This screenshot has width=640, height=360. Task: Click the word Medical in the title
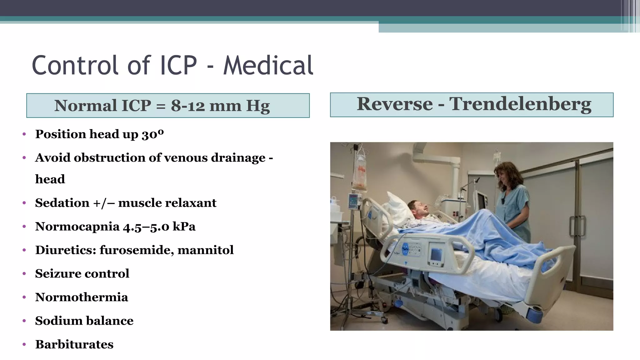click(268, 65)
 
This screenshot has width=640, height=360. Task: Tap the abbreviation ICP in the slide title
click(178, 65)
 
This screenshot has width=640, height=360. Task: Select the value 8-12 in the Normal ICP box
click(187, 106)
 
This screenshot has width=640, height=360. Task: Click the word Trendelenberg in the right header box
click(520, 104)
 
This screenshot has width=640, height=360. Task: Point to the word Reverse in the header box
click(395, 104)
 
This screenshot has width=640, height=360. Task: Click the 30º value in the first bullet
click(152, 134)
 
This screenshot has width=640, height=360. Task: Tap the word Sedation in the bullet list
click(62, 203)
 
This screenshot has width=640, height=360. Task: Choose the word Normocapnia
click(77, 227)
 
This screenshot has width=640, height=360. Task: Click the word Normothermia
click(82, 297)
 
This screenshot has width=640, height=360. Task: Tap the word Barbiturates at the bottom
click(74, 344)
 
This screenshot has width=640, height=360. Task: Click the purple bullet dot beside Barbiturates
click(24, 345)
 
